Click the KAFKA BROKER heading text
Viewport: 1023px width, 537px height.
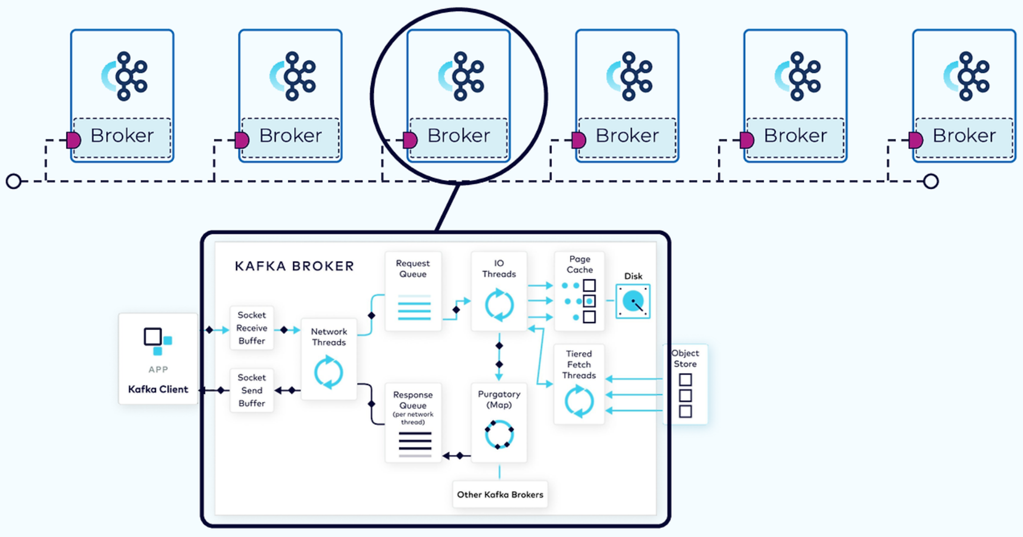point(294,266)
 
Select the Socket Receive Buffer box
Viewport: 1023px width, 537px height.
point(251,328)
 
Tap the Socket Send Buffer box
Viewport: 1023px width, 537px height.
point(251,390)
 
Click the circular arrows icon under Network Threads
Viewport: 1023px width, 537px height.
point(328,372)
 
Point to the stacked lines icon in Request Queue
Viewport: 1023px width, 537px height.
point(414,308)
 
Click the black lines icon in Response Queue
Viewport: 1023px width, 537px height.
point(415,444)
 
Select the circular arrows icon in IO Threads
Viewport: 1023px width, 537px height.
point(499,305)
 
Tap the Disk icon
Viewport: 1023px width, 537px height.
point(633,301)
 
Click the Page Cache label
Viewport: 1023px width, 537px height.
point(580,264)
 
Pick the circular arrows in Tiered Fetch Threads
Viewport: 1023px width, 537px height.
point(579,401)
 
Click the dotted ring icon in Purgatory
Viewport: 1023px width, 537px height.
point(499,434)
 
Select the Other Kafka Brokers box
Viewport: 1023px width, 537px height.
point(500,494)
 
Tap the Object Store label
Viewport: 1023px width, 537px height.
point(685,359)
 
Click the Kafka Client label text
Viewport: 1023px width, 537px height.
point(158,389)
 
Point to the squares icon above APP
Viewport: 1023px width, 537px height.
point(158,341)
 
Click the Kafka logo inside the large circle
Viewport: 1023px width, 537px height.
point(461,76)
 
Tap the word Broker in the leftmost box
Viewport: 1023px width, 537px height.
point(122,136)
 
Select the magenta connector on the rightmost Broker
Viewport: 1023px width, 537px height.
point(916,140)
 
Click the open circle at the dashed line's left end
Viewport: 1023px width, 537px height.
point(14,181)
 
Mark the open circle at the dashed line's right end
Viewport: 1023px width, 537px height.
point(931,181)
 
